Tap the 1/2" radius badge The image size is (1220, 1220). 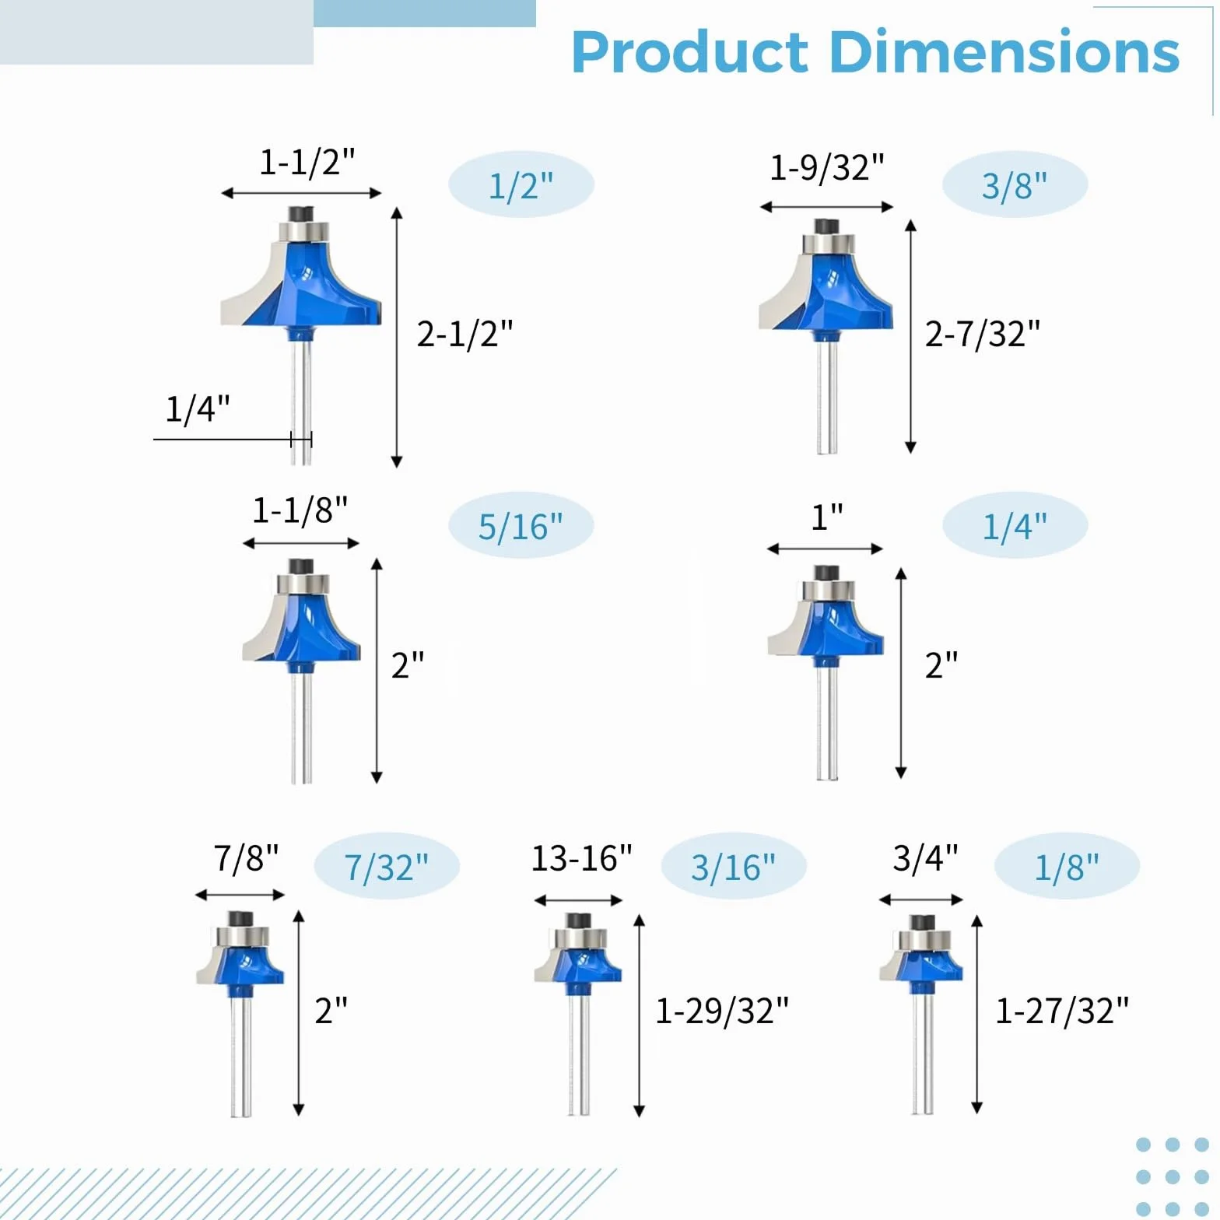pyautogui.click(x=521, y=185)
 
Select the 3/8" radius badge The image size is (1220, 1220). pyautogui.click(x=1015, y=185)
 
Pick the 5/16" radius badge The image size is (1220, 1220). pyautogui.click(x=521, y=526)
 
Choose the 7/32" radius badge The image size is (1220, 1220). pyautogui.click(x=387, y=867)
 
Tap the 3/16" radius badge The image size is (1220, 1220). pyautogui.click(x=734, y=867)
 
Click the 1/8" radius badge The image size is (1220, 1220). pyautogui.click(x=1067, y=867)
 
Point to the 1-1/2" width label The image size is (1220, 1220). pyautogui.click(x=307, y=162)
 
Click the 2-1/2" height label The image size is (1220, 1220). pyautogui.click(x=465, y=333)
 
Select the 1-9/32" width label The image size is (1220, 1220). pyautogui.click(x=827, y=167)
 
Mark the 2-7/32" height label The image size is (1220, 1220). pyautogui.click(x=982, y=333)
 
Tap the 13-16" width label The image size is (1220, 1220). pyautogui.click(x=582, y=858)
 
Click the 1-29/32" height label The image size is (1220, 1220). pyautogui.click(x=722, y=1011)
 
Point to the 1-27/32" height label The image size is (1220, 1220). pyautogui.click(x=1062, y=1011)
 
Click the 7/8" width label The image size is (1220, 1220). pyautogui.click(x=246, y=858)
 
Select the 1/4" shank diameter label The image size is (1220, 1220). pyautogui.click(x=198, y=408)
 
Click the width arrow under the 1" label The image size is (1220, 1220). pyautogui.click(x=825, y=549)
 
